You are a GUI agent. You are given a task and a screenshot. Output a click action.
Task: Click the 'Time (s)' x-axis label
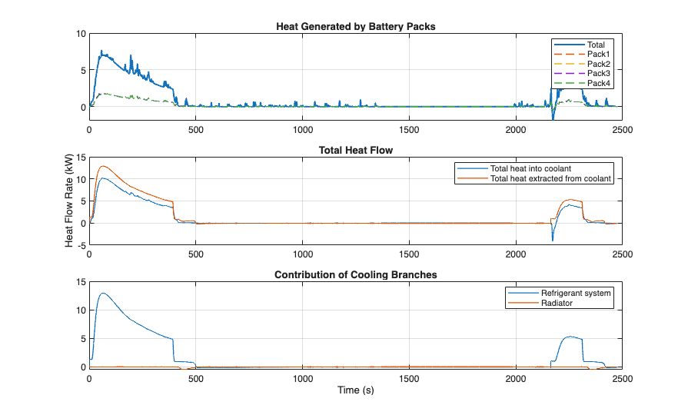click(x=357, y=390)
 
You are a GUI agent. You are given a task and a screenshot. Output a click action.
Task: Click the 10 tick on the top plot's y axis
click(x=81, y=34)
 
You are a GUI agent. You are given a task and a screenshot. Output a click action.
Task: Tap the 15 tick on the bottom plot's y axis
click(x=81, y=282)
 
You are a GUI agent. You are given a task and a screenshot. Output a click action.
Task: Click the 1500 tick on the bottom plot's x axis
click(x=410, y=377)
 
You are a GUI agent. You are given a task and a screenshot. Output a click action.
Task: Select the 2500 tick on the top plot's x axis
click(x=623, y=130)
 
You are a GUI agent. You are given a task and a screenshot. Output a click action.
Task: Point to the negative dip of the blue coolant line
click(x=552, y=240)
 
